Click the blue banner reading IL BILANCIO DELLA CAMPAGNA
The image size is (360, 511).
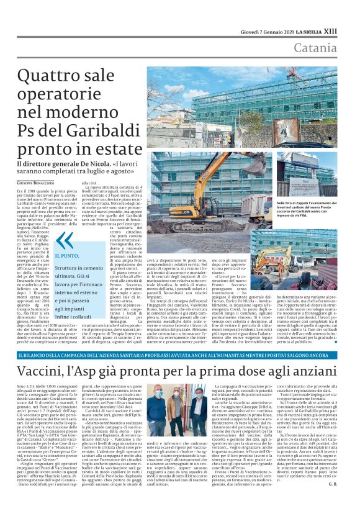pos(179,355)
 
